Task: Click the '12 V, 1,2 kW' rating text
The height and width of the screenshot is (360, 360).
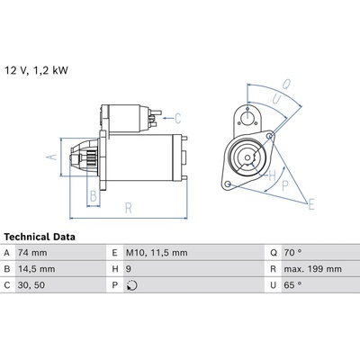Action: pos(36,70)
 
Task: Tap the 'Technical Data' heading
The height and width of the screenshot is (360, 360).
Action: pos(40,237)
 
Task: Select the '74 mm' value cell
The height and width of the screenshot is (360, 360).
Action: pos(32,253)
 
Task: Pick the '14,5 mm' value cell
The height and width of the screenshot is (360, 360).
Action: pos(37,269)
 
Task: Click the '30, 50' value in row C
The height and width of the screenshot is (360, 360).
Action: pos(31,285)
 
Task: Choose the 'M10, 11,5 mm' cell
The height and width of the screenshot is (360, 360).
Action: pos(157,253)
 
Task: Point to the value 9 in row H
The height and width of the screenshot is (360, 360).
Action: pos(129,269)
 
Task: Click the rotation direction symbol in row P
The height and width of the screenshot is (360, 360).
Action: pos(131,285)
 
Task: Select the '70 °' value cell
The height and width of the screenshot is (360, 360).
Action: pos(292,253)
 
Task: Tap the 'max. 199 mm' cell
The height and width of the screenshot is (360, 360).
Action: pos(312,269)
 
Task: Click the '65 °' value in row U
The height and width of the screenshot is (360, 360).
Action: pos(292,285)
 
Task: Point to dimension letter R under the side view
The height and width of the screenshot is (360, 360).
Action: pos(128,208)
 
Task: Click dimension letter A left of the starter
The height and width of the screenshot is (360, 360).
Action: pos(53,157)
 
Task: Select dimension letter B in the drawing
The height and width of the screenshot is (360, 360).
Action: pos(94,196)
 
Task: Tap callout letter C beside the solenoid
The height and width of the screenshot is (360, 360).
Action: pos(178,118)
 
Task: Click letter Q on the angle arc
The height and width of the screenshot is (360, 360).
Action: pos(285,84)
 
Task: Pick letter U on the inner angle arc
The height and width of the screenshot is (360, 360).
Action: pos(276,99)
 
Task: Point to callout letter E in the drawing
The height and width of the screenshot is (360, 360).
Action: pos(311,205)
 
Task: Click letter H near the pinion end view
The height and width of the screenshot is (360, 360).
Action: pos(272,175)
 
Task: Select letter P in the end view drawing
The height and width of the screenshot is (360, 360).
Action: pos(285,186)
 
